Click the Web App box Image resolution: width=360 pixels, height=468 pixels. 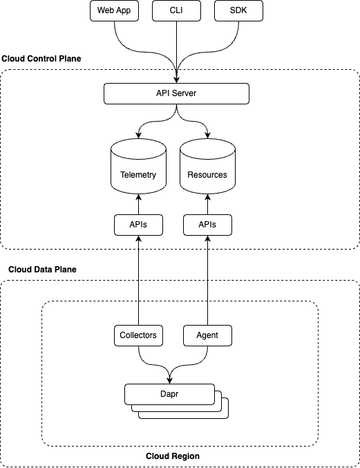tap(114, 11)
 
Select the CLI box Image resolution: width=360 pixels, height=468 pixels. tap(176, 11)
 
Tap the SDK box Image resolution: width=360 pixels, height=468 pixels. tap(238, 11)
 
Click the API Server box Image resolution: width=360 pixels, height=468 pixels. tap(176, 94)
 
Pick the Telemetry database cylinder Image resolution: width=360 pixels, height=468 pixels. tap(138, 166)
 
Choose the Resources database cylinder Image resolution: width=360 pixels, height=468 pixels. tap(207, 166)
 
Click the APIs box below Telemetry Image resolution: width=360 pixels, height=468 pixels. tap(138, 225)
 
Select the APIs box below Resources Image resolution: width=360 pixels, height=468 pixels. tap(207, 225)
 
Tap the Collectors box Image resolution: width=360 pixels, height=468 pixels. tap(138, 335)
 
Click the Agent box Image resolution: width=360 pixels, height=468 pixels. tap(207, 335)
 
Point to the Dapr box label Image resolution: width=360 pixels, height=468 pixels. tap(169, 394)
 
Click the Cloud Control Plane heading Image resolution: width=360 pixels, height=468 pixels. tap(41, 59)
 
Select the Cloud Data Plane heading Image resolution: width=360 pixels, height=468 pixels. tap(42, 270)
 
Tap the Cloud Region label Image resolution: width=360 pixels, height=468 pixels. tap(173, 456)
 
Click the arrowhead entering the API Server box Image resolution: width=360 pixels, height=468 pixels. tap(176, 80)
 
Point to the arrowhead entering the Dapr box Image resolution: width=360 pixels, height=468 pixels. tap(169, 380)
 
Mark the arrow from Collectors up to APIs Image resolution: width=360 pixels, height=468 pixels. tap(138, 280)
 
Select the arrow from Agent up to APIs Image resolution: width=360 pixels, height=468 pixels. tap(207, 280)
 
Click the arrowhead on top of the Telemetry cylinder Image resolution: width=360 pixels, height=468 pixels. tap(138, 135)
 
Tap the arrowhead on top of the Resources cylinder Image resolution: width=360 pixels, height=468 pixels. tap(207, 135)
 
